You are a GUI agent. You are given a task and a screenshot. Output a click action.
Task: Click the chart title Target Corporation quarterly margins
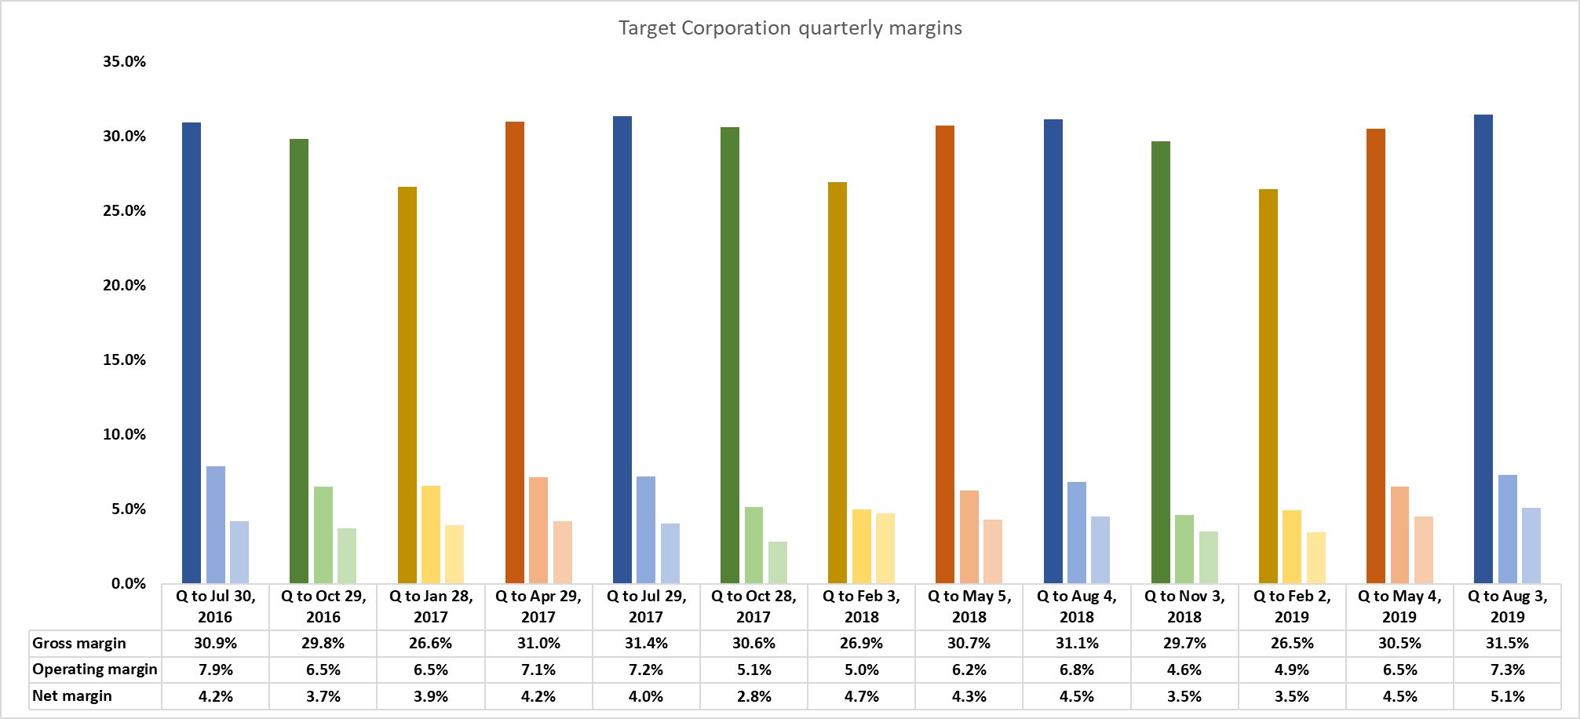[x=790, y=28]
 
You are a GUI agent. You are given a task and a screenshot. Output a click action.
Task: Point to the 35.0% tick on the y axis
[x=124, y=61]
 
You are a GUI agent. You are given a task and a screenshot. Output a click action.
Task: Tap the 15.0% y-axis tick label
[x=124, y=359]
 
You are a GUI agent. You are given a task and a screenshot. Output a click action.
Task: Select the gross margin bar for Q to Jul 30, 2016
[x=192, y=352]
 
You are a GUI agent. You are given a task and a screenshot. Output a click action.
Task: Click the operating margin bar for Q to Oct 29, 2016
[x=323, y=535]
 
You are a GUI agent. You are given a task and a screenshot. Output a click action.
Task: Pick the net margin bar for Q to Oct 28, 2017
[x=778, y=562]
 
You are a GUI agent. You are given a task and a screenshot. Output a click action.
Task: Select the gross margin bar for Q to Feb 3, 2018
[x=837, y=382]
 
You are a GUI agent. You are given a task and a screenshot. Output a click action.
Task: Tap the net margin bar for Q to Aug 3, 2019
[x=1531, y=546]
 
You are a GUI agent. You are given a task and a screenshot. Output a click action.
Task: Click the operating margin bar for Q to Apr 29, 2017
[x=538, y=530]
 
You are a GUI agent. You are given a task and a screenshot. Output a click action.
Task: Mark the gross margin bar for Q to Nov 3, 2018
[x=1161, y=362]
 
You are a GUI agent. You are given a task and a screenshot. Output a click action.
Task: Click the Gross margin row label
[x=79, y=644]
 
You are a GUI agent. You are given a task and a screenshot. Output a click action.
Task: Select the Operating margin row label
[x=95, y=670]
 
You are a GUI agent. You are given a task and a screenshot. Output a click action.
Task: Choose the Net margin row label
[x=72, y=696]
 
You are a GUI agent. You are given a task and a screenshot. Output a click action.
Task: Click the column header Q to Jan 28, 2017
[x=431, y=606]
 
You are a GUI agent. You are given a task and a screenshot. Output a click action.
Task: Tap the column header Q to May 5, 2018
[x=969, y=606]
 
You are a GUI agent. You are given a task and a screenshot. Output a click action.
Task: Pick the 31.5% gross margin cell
[x=1507, y=644]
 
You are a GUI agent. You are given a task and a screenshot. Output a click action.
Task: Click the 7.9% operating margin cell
[x=216, y=670]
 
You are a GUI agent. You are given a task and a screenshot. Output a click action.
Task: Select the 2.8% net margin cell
[x=754, y=696]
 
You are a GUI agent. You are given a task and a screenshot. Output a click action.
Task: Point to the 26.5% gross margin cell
[x=1292, y=644]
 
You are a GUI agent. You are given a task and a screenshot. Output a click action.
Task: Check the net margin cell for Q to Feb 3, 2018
[x=862, y=696]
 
